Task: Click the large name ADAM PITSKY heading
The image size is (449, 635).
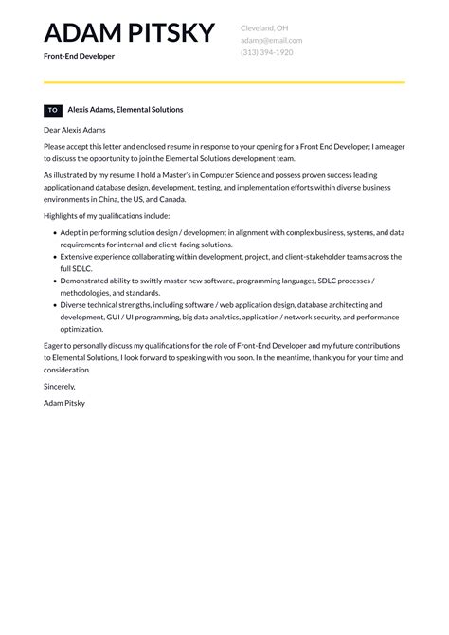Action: pyautogui.click(x=129, y=33)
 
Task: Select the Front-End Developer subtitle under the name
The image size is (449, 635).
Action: pyautogui.click(x=79, y=57)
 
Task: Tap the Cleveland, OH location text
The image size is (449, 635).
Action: pyautogui.click(x=264, y=28)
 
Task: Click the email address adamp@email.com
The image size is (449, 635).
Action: pyautogui.click(x=271, y=41)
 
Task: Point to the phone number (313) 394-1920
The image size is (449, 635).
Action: pyautogui.click(x=266, y=53)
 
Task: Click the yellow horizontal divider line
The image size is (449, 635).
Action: pyautogui.click(x=224, y=82)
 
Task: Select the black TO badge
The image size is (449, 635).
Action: pyautogui.click(x=53, y=110)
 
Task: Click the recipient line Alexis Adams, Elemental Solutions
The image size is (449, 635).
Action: pyautogui.click(x=125, y=110)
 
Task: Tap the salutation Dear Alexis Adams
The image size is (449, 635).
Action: pyautogui.click(x=75, y=130)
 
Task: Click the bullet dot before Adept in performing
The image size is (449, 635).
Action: pyautogui.click(x=52, y=232)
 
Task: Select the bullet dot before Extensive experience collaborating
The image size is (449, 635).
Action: pyautogui.click(x=52, y=257)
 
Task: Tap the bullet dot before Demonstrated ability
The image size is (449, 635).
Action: pyautogui.click(x=52, y=281)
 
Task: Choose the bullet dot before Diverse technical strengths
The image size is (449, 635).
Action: pyautogui.click(x=52, y=305)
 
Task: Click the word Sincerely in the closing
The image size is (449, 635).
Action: pyautogui.click(x=59, y=387)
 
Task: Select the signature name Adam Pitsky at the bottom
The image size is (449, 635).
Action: pyautogui.click(x=64, y=403)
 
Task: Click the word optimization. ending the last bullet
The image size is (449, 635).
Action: pyautogui.click(x=81, y=329)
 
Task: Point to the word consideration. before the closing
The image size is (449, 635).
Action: pyautogui.click(x=68, y=370)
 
